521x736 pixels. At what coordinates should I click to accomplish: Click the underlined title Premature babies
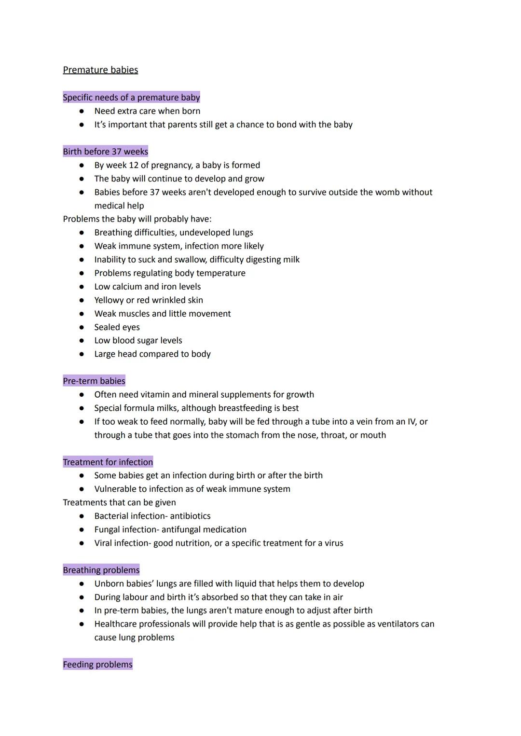click(100, 70)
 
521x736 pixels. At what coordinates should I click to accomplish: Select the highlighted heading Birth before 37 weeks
click(105, 152)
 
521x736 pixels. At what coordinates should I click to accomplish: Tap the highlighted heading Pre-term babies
click(94, 381)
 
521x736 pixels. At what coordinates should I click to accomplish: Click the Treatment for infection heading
click(108, 462)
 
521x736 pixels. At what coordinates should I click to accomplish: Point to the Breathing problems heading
click(101, 570)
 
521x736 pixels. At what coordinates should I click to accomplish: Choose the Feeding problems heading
click(97, 665)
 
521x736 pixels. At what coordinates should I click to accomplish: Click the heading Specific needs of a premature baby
click(131, 97)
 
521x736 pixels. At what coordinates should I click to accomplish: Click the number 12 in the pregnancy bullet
click(134, 165)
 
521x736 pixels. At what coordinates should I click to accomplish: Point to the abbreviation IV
click(411, 421)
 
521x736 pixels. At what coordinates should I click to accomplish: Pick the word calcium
click(127, 287)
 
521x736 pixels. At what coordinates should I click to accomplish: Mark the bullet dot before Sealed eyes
click(82, 327)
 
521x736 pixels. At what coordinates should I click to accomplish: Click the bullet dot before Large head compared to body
click(82, 354)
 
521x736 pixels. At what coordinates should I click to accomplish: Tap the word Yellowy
click(110, 300)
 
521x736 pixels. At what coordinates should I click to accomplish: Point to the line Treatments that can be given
click(119, 502)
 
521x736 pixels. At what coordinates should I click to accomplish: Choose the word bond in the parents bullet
click(287, 125)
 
